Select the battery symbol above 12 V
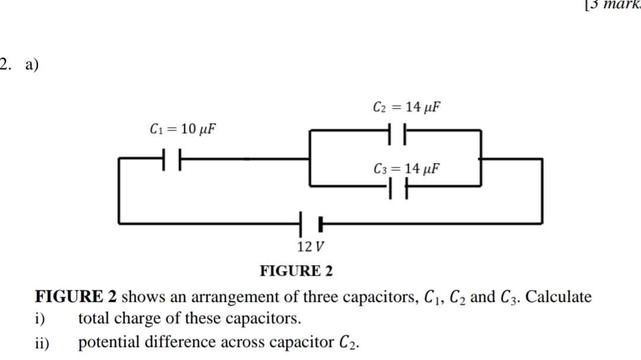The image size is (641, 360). click(312, 224)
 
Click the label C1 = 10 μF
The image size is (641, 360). click(181, 129)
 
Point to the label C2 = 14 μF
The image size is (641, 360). click(407, 107)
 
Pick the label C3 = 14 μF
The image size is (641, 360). click(407, 169)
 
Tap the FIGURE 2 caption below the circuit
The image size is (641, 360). click(297, 271)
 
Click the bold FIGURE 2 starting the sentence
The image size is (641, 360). click(77, 297)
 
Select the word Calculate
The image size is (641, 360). click(559, 297)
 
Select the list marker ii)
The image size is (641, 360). click(42, 343)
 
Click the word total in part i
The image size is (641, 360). click(94, 319)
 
